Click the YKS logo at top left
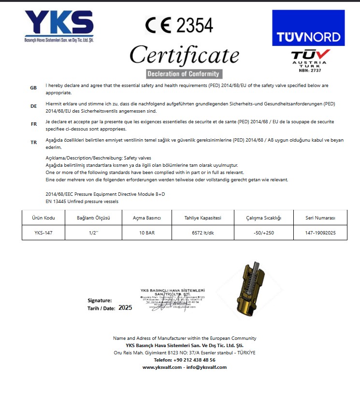point(58,25)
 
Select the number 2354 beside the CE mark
point(195,25)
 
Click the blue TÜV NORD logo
point(308,28)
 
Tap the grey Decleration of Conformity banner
point(184,74)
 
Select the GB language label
point(33,88)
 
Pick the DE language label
point(33,106)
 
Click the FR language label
point(33,124)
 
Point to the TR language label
point(33,142)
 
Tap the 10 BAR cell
point(146,233)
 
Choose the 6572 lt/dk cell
point(203,233)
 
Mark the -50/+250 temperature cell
point(263,233)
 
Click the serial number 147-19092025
point(320,233)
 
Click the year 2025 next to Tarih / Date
point(125,307)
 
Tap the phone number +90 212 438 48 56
point(185,360)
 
